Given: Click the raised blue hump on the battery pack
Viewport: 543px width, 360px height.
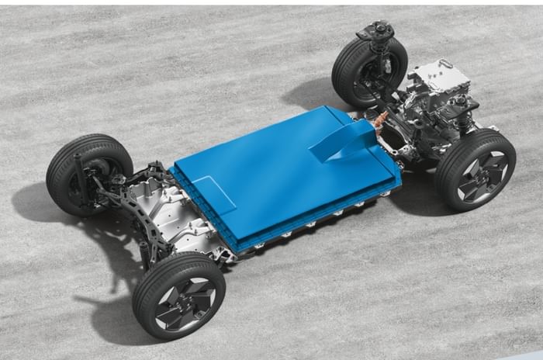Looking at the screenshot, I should [x=341, y=140].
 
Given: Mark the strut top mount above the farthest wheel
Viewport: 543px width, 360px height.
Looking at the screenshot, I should [x=375, y=30].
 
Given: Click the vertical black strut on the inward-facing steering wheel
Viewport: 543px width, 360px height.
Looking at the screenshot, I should [x=81, y=175].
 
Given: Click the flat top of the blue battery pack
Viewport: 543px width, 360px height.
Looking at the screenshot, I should [x=264, y=171].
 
